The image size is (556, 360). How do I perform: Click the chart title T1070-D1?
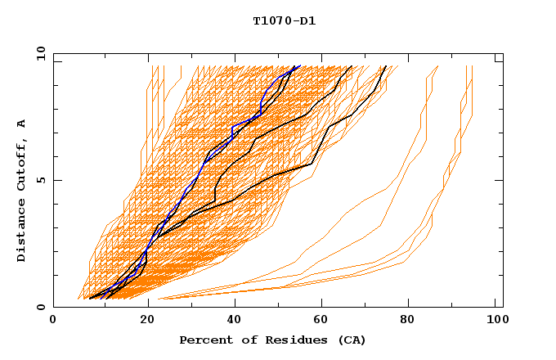tap(284, 21)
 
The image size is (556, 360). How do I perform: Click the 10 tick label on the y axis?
tap(40, 53)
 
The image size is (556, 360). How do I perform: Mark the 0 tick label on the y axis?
tap(43, 307)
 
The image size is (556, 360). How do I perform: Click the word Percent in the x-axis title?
tap(204, 340)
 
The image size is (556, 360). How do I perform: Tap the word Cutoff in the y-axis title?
tap(22, 164)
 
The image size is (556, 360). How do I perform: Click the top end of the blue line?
tap(299, 65)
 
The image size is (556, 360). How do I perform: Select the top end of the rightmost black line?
tap(387, 65)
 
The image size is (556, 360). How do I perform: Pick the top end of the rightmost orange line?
tap(472, 65)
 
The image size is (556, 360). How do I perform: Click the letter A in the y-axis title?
tap(22, 123)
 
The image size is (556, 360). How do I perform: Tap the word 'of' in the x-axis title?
tap(243, 340)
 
